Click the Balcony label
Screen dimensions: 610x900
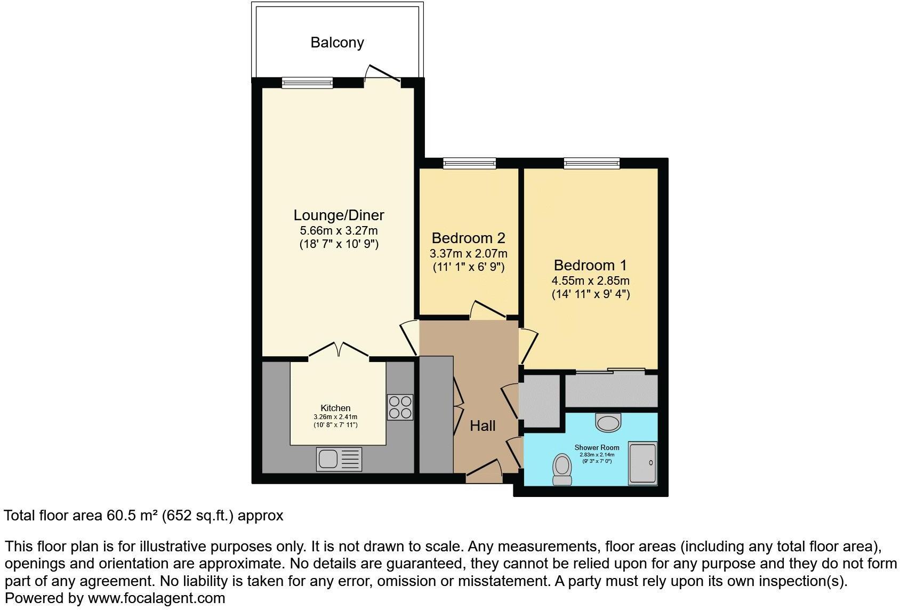[337, 43]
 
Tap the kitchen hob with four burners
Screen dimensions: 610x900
[400, 407]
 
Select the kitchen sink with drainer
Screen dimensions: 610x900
[339, 459]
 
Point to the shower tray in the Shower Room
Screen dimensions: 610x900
[642, 463]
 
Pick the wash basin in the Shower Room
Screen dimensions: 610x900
[608, 422]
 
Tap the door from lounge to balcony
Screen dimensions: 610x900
[382, 75]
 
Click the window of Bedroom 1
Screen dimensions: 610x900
[592, 163]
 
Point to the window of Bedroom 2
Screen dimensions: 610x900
[469, 163]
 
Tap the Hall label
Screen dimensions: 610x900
[483, 426]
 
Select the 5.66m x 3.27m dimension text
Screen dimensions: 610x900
[339, 231]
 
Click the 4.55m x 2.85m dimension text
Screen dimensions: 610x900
[590, 280]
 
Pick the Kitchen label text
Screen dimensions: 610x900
[335, 408]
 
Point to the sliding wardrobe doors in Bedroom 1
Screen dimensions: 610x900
[610, 371]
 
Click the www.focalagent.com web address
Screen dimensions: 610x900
[156, 598]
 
